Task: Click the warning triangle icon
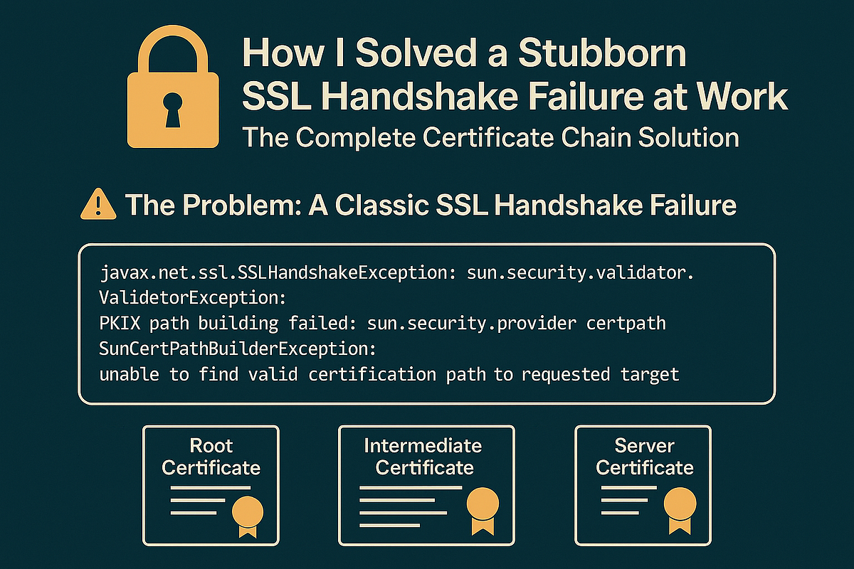click(99, 206)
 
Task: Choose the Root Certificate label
click(211, 457)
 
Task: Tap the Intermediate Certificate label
click(423, 457)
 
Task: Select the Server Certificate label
click(644, 457)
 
